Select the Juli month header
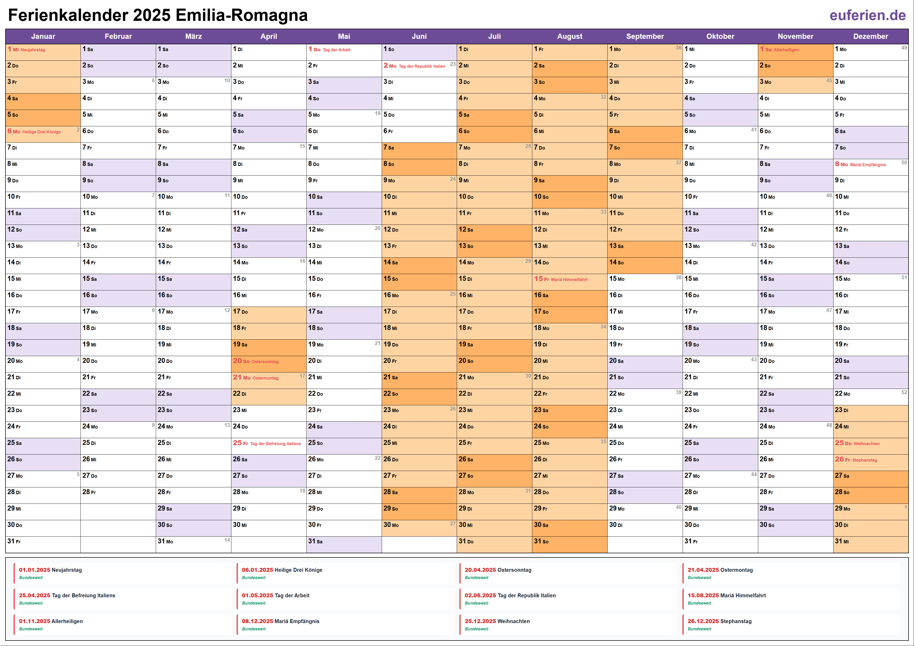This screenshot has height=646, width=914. (495, 36)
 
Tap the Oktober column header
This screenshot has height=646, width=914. (720, 36)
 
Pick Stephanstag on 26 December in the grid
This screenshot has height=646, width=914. (865, 460)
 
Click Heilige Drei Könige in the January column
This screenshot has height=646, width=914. (41, 132)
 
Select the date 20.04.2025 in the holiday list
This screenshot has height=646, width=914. (480, 570)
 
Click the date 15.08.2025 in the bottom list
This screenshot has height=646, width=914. (703, 595)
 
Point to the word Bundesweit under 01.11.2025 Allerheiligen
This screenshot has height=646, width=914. (31, 629)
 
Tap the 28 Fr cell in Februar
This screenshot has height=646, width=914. (118, 492)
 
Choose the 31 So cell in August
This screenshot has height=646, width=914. (569, 542)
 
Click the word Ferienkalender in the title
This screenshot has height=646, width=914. (68, 16)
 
